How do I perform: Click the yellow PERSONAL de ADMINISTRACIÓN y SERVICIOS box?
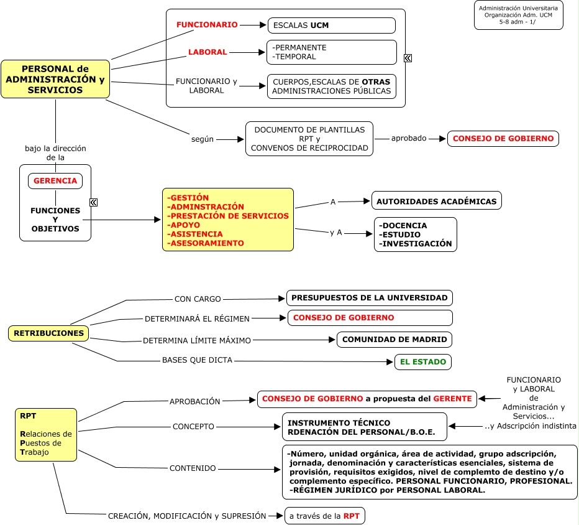pyautogui.click(x=55, y=79)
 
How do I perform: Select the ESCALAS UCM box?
pyautogui.click(x=332, y=26)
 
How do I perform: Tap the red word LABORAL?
pyautogui.click(x=207, y=52)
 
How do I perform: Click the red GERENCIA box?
pyautogui.click(x=55, y=181)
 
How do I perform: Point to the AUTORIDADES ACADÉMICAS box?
pyautogui.click(x=437, y=201)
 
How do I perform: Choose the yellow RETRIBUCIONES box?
pyautogui.click(x=48, y=333)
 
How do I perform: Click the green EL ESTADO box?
pyautogui.click(x=423, y=361)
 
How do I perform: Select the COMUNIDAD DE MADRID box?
pyautogui.click(x=394, y=340)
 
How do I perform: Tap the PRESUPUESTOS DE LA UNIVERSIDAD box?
pyautogui.click(x=370, y=298)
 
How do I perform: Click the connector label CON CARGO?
pyautogui.click(x=198, y=299)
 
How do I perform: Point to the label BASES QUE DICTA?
pyautogui.click(x=197, y=360)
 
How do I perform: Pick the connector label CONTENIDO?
pyautogui.click(x=193, y=468)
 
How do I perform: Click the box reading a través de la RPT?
pyautogui.click(x=324, y=516)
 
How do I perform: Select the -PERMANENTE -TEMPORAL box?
pyautogui.click(x=332, y=52)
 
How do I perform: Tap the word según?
pyautogui.click(x=203, y=139)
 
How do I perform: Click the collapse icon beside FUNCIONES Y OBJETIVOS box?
pyautogui.click(x=94, y=202)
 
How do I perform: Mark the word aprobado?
pyautogui.click(x=409, y=138)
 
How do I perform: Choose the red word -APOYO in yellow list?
pyautogui.click(x=183, y=225)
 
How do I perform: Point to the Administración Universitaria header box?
pyautogui.click(x=519, y=15)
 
